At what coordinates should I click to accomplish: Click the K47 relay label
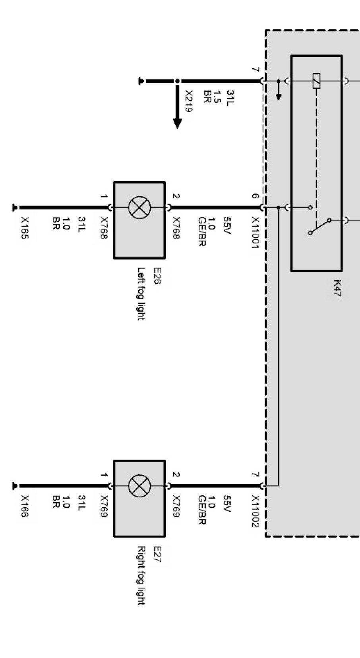[337, 289]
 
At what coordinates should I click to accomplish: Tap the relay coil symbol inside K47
[317, 81]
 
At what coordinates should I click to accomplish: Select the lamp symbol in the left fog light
[139, 208]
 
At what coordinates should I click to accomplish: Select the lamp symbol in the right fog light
[139, 486]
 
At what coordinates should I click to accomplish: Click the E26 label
[157, 276]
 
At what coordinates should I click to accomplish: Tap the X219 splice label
[189, 101]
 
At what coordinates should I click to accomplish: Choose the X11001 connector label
[255, 233]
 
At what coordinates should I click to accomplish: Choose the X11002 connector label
[255, 511]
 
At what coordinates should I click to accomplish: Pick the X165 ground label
[25, 228]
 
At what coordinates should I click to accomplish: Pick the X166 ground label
[25, 506]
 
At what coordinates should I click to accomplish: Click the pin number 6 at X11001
[255, 196]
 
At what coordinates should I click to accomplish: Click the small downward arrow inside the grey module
[279, 94]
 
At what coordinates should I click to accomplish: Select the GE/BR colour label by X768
[201, 232]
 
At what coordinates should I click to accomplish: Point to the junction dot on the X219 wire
[177, 81]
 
